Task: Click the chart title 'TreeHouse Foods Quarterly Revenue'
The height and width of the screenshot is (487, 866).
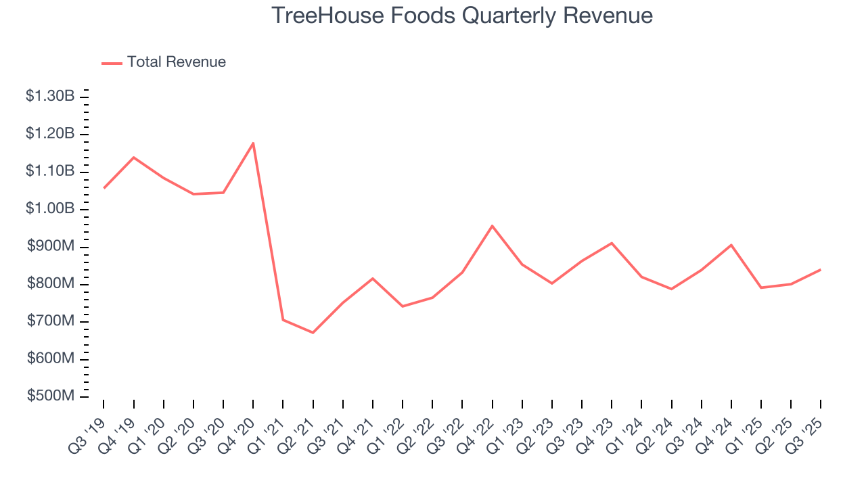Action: (x=462, y=15)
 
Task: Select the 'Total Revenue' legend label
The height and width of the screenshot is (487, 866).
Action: (x=176, y=62)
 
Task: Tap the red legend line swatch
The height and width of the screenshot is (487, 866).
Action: (x=112, y=63)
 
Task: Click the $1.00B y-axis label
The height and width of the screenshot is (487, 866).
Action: (x=50, y=209)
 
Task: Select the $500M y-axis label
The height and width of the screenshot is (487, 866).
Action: (x=50, y=396)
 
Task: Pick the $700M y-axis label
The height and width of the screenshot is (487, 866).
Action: (x=50, y=321)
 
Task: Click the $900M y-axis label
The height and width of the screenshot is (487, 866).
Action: (x=50, y=247)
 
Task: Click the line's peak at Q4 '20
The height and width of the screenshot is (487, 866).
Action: (x=253, y=143)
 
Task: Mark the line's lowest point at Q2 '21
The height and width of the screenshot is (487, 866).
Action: (x=313, y=333)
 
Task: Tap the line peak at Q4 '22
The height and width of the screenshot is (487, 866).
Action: (x=492, y=225)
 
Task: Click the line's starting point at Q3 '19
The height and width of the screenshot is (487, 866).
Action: (x=104, y=187)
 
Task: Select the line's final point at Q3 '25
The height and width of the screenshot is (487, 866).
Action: (x=821, y=269)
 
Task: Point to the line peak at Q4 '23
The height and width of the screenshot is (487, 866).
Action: (x=612, y=243)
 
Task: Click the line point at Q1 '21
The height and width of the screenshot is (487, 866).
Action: (x=283, y=319)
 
